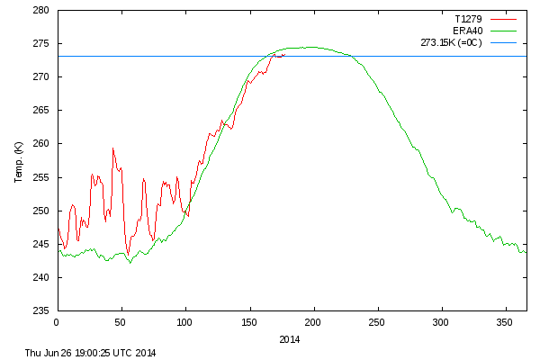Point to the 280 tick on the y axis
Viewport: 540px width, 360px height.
tap(41, 11)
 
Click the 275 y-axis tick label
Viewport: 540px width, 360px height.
tap(41, 44)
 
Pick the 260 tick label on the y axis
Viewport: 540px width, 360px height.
tap(41, 144)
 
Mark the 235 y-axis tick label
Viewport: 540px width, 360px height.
tap(41, 310)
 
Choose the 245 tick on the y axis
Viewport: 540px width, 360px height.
tap(41, 244)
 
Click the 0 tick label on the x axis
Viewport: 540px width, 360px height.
tap(57, 321)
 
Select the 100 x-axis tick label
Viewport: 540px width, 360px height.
tap(184, 321)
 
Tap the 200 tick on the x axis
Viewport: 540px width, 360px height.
tap(313, 321)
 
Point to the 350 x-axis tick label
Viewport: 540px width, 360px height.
tap(505, 321)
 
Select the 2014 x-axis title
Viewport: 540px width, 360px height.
tap(290, 339)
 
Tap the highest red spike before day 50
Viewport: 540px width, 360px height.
tap(112, 148)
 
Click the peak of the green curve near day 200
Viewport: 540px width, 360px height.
tap(310, 47)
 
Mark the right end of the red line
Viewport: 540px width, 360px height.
tap(285, 54)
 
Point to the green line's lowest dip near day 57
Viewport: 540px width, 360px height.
tap(130, 263)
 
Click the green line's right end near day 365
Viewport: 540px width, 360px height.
tap(526, 252)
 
